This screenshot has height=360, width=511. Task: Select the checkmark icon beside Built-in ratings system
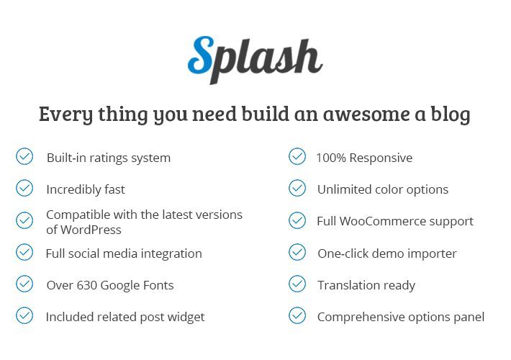24,156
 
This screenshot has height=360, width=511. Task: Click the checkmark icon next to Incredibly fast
24,188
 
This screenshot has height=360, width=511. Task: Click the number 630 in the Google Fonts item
86,285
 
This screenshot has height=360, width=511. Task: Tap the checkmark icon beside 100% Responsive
297,156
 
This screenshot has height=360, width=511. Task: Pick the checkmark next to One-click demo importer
297,252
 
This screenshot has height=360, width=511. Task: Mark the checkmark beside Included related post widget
24,315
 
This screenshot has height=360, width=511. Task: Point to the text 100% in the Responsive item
331,158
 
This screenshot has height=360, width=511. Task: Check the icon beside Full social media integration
24,252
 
